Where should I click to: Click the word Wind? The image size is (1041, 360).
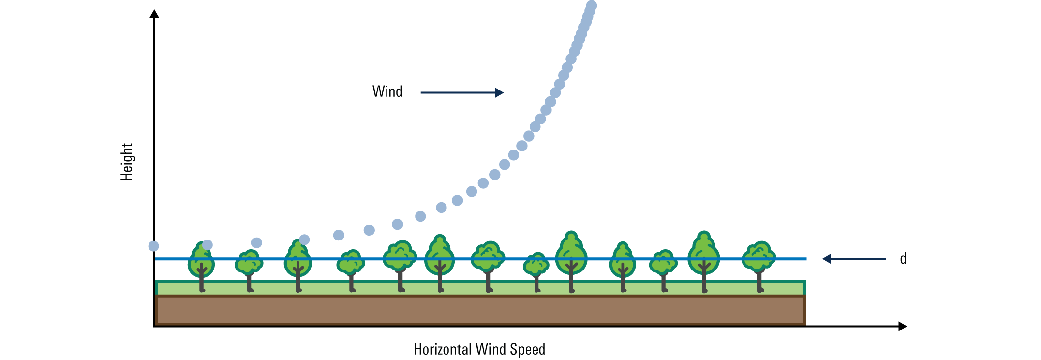pyautogui.click(x=387, y=91)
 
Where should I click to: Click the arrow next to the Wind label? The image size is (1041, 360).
pyautogui.click(x=462, y=92)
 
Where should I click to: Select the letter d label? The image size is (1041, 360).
pyautogui.click(x=903, y=258)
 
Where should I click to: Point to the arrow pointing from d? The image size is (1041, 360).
pyautogui.click(x=854, y=259)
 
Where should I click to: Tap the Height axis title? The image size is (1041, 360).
pyautogui.click(x=127, y=162)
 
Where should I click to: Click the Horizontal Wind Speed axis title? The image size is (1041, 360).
pyautogui.click(x=479, y=349)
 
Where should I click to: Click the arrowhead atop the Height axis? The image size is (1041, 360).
pyautogui.click(x=154, y=13)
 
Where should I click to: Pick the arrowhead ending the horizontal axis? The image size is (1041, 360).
pyautogui.click(x=902, y=326)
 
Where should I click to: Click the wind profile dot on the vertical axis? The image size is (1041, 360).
pyautogui.click(x=154, y=246)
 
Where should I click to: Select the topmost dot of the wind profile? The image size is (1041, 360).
pyautogui.click(x=592, y=6)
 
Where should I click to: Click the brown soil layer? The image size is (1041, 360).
pyautogui.click(x=480, y=310)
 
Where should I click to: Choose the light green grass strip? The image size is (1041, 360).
pyautogui.click(x=480, y=288)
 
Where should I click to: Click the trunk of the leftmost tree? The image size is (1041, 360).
pyautogui.click(x=201, y=278)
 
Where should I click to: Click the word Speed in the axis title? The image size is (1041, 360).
pyautogui.click(x=528, y=349)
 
